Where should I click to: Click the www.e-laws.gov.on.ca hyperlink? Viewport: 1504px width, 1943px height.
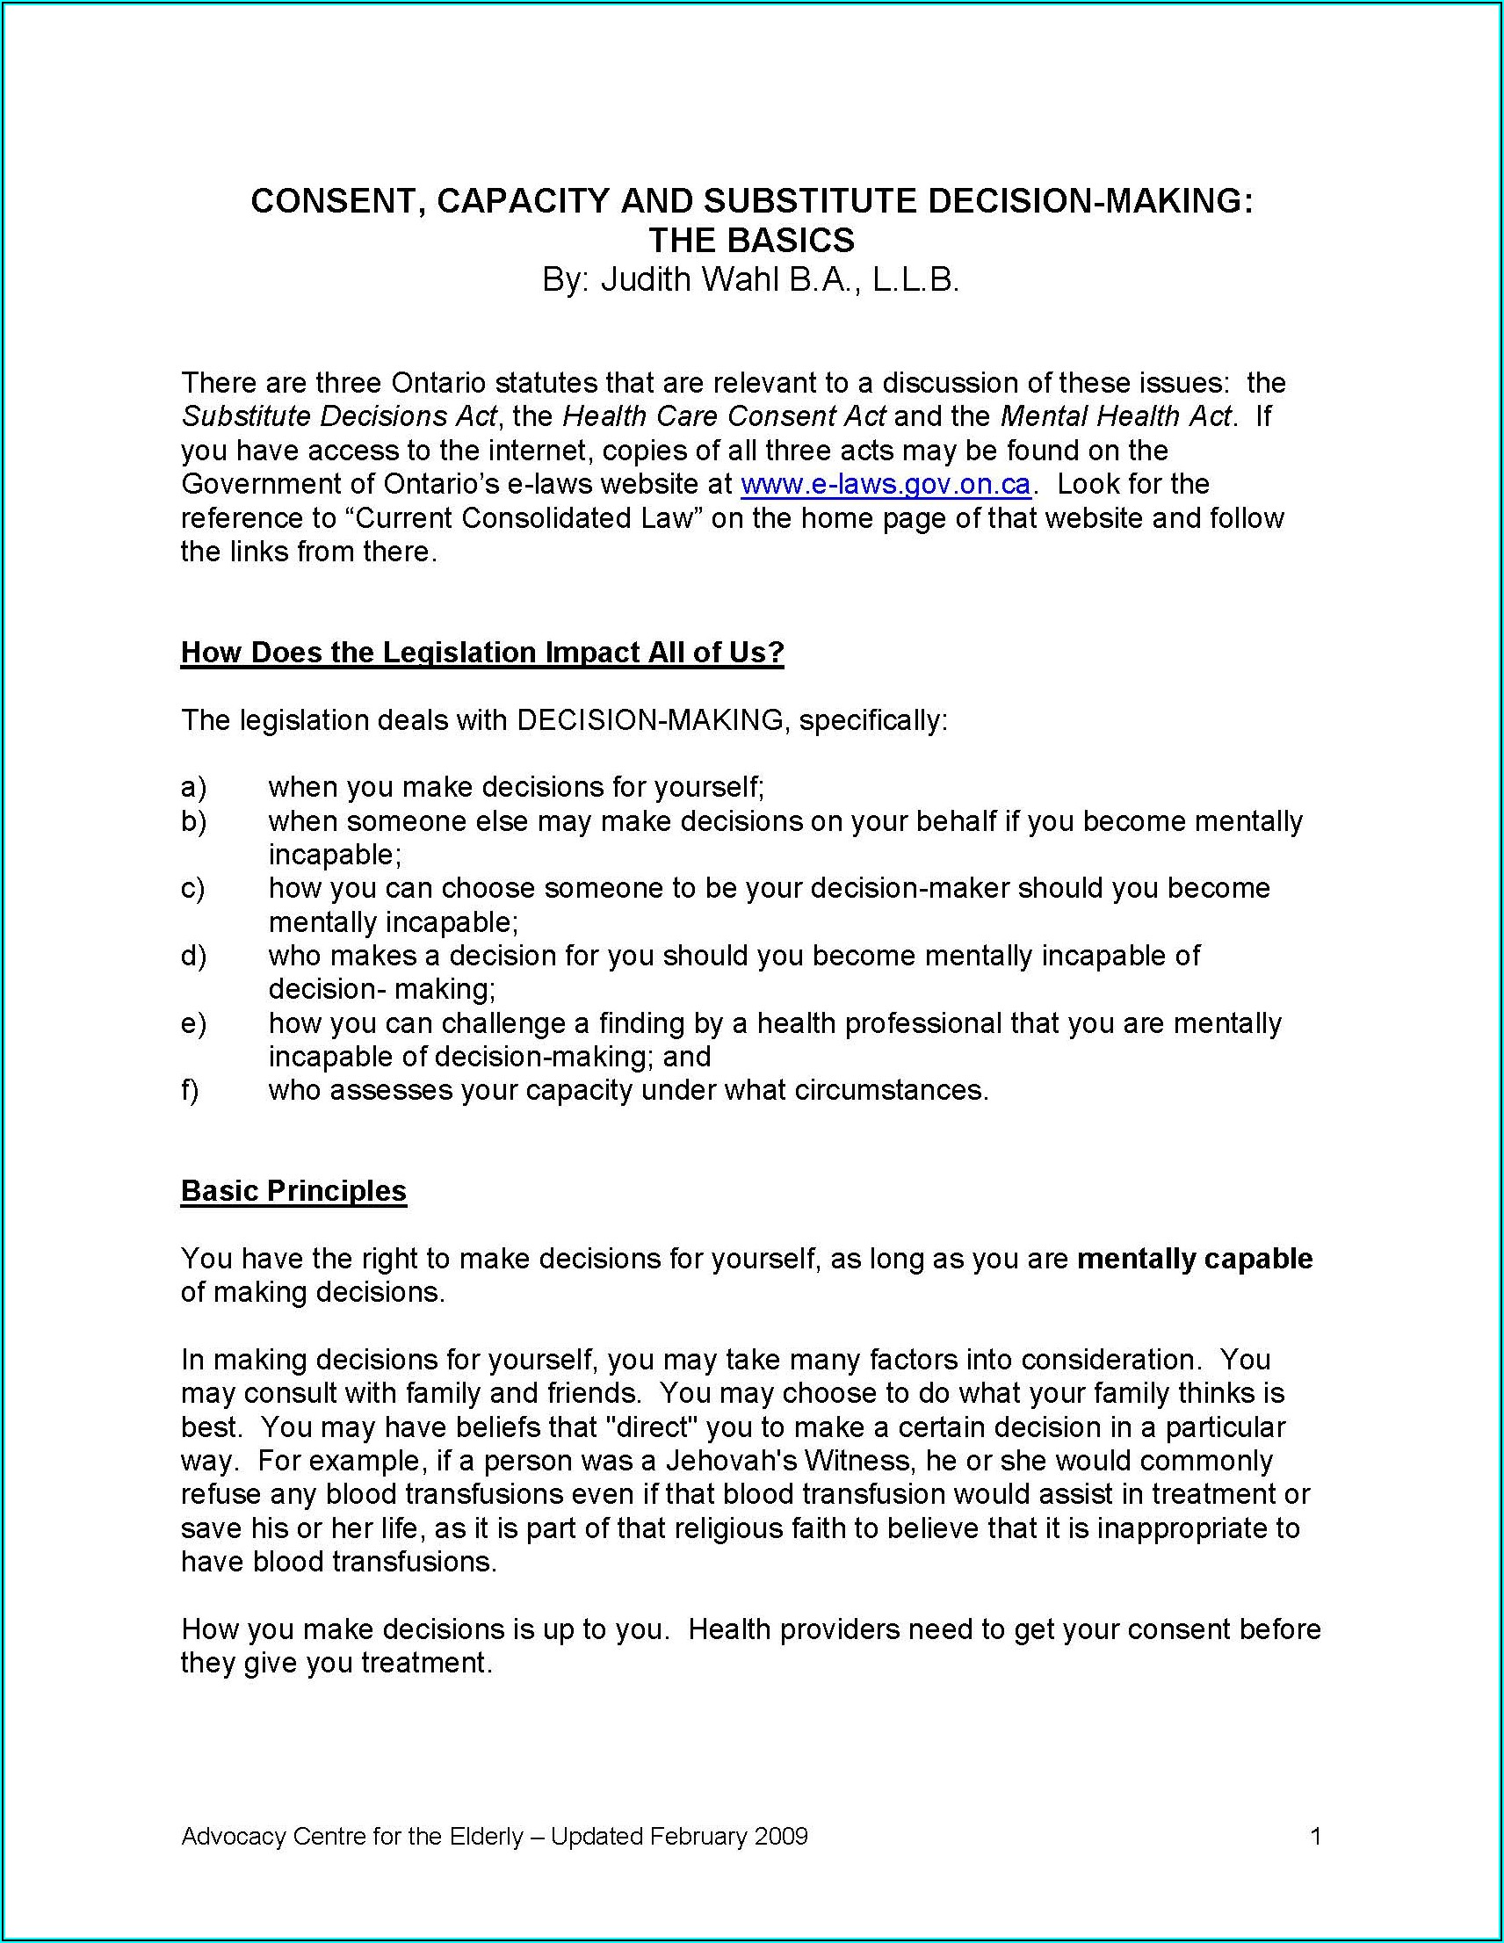pyautogui.click(x=885, y=484)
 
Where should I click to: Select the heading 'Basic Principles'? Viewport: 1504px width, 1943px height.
pyautogui.click(x=293, y=1190)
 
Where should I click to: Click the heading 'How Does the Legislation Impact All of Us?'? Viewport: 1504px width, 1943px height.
pyautogui.click(x=481, y=652)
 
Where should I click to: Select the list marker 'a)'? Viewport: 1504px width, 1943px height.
pyautogui.click(x=193, y=787)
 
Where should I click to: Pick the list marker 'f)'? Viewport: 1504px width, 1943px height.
pyautogui.click(x=190, y=1090)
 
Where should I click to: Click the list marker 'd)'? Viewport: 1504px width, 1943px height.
pyautogui.click(x=193, y=956)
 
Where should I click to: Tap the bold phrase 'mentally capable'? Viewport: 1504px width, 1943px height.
pyautogui.click(x=1194, y=1259)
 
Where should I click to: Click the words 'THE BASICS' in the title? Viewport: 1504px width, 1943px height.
pyautogui.click(x=751, y=240)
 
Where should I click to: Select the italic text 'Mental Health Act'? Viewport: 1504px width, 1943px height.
pyautogui.click(x=1116, y=416)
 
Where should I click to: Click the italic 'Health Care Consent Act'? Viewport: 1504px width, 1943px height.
pyautogui.click(x=725, y=416)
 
